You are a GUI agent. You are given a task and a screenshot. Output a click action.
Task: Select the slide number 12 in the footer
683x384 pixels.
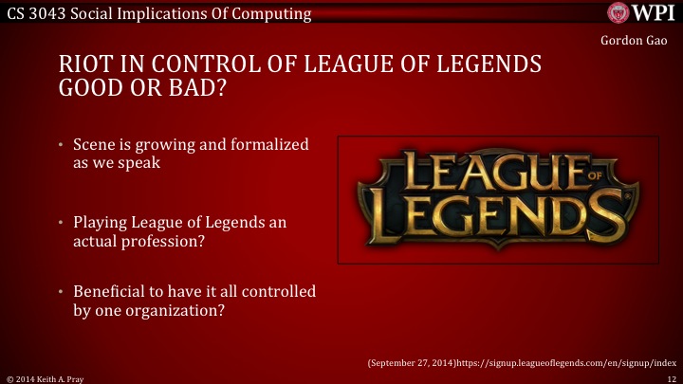tap(672, 377)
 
